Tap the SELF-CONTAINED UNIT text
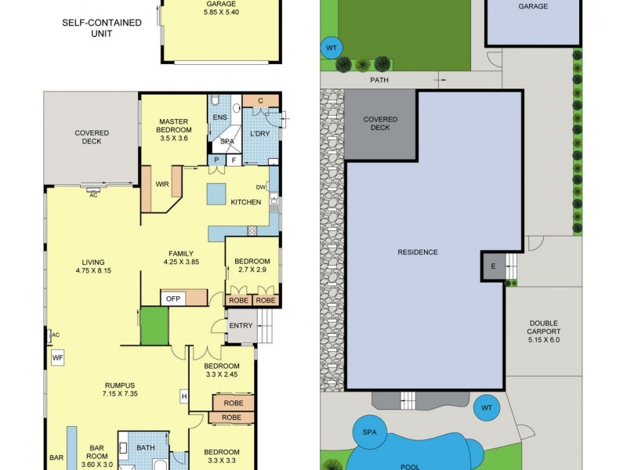coord(102,28)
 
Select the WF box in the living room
coord(57,358)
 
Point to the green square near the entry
coord(154,326)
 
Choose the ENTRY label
coord(241,325)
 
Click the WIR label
coord(163,185)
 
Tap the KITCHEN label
coord(245,202)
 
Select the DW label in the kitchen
coord(261,186)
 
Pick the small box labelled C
coord(259,100)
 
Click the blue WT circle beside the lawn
coord(332,49)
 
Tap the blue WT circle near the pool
coord(486,407)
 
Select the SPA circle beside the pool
coord(369,432)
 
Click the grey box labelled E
coord(493,266)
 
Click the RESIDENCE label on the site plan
coord(418,251)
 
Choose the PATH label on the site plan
coord(380,80)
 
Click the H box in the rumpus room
coord(184,396)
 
